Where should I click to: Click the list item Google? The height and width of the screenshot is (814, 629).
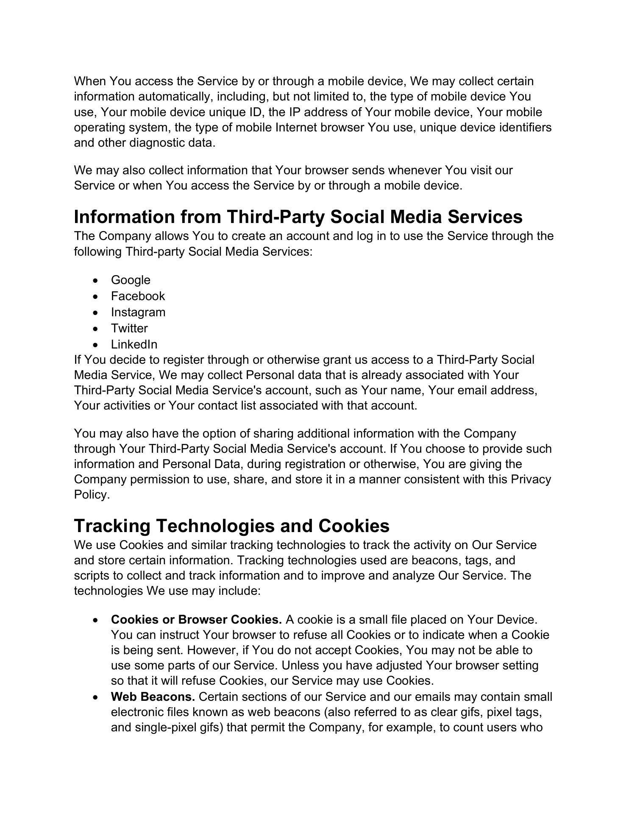tap(131, 280)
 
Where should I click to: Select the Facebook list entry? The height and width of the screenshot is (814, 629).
tap(138, 296)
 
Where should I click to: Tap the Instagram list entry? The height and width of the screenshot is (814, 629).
tap(138, 312)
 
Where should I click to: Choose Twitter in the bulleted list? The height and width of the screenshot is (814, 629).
tap(129, 329)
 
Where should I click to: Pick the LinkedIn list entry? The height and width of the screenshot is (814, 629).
tap(134, 345)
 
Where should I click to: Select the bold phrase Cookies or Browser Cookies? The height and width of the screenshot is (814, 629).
tap(196, 620)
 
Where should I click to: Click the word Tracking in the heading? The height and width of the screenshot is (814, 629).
tap(112, 526)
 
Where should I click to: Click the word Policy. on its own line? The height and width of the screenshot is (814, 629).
tap(92, 495)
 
